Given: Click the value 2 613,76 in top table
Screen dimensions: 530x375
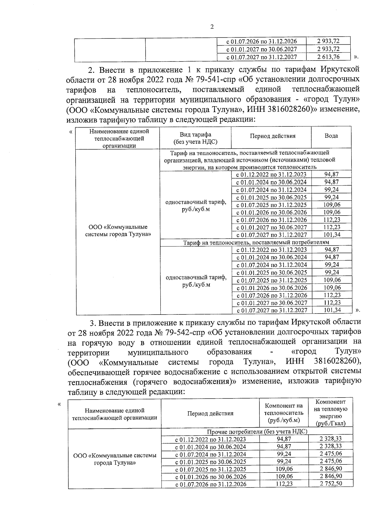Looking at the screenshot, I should coord(328,57).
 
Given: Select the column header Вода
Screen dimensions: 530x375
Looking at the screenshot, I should coord(331,136).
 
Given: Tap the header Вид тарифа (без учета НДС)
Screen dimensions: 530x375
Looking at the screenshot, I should coord(195,138).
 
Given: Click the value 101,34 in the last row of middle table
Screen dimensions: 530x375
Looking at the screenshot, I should coord(332,310).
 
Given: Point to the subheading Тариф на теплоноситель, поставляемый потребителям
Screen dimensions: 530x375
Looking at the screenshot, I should coord(256,242).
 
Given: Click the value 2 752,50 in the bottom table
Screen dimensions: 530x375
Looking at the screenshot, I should coord(331,483).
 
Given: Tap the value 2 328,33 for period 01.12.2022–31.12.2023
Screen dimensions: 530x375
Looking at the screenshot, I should coord(331,438).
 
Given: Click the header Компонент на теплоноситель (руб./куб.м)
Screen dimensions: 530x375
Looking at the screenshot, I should coord(284,413).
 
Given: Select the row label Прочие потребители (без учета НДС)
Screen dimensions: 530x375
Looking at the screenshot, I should coord(257,431).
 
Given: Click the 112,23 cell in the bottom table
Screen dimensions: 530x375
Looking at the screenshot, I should coord(284,483).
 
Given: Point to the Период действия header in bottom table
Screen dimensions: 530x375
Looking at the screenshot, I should coord(210,414).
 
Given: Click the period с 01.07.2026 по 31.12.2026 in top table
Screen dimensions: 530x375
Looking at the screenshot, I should coord(261,41).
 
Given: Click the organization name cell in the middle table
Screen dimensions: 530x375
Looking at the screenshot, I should coord(118,230).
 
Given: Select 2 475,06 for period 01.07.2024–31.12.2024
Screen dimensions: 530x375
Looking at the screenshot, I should coord(331,454).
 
